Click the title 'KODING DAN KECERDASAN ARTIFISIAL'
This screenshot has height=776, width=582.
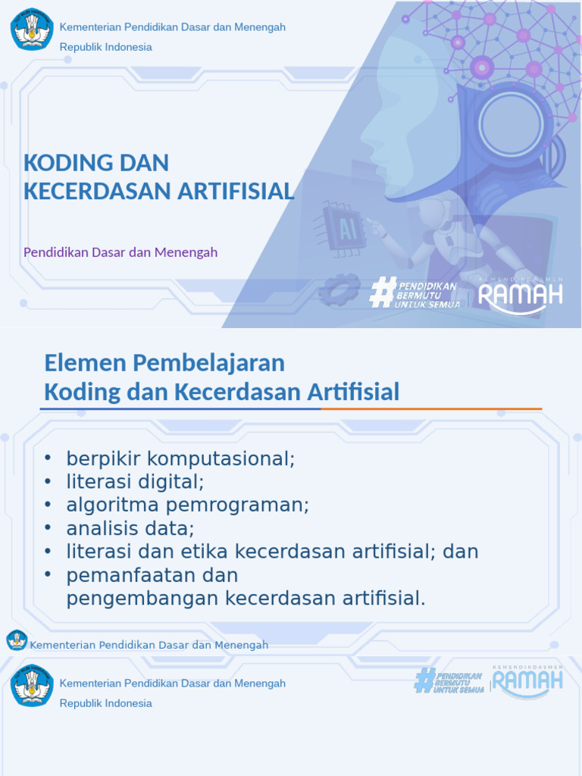point(158,177)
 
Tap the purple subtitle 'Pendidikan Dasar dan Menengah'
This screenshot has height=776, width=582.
point(120,252)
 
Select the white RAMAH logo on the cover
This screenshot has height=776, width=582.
point(521,294)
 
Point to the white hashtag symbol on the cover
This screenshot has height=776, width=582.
point(381,292)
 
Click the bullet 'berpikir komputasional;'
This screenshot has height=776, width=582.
point(180,458)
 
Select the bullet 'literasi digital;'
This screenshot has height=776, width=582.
point(135,481)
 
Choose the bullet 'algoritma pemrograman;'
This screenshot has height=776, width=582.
point(187,505)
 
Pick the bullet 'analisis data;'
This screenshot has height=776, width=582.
point(130,528)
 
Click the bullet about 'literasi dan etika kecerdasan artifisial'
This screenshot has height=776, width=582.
point(272,552)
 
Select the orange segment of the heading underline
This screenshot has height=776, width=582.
point(431,409)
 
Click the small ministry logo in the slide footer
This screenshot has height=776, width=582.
point(17,640)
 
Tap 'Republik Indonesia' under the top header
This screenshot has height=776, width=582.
point(106,47)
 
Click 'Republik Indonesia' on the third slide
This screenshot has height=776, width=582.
point(106,703)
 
